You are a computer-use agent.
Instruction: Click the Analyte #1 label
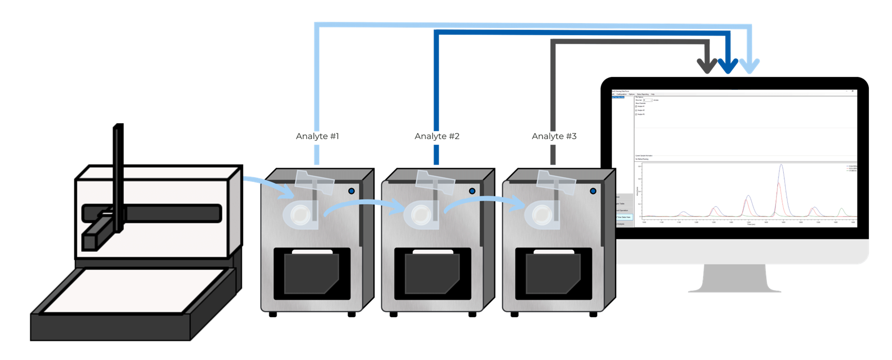(318, 136)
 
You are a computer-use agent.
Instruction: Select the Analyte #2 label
(437, 136)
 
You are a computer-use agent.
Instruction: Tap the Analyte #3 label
(554, 136)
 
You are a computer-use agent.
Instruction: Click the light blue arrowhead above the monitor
(749, 66)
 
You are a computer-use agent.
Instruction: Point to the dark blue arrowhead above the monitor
(728, 66)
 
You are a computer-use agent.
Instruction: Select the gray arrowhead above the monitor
(707, 66)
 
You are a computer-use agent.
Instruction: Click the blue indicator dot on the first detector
(352, 191)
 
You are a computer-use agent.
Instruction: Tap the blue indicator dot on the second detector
(472, 191)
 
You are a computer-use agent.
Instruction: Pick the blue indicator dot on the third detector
(593, 191)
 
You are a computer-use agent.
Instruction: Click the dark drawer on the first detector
(311, 273)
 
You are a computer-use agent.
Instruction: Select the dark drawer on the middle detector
(432, 273)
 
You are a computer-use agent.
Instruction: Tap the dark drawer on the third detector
(553, 273)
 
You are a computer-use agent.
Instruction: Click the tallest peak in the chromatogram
(782, 166)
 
